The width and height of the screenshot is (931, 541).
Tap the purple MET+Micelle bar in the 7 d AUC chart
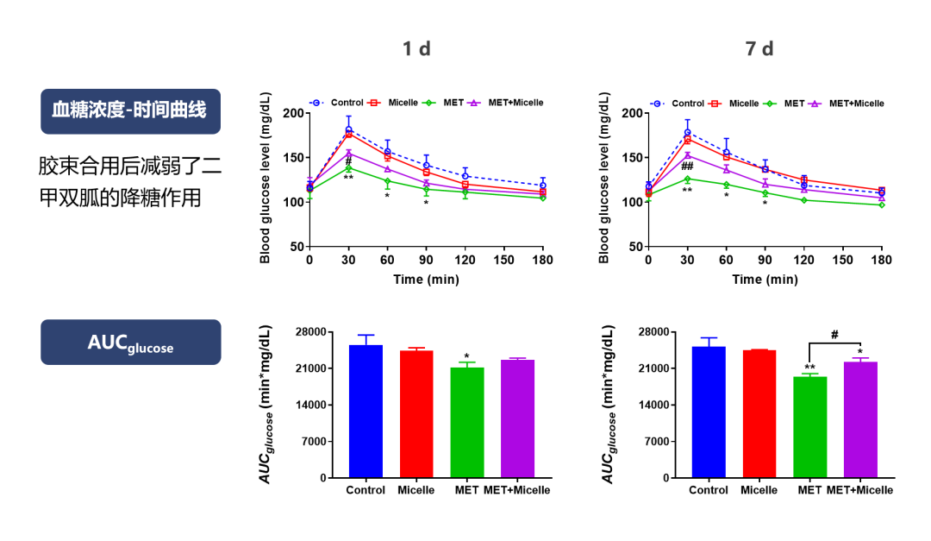point(859,419)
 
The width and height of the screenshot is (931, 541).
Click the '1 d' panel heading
point(416,49)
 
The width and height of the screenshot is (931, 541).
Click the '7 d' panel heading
point(759,49)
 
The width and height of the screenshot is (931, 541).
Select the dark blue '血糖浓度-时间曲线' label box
point(130,111)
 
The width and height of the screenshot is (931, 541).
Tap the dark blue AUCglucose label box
point(130,343)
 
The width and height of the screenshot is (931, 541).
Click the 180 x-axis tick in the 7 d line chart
point(881,260)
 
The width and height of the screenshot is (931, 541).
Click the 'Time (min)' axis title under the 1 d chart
point(426,279)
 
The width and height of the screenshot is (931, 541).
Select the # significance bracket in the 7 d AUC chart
point(834,343)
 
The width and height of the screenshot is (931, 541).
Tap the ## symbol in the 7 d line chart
point(687,167)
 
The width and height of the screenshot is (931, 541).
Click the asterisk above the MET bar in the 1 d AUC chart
point(466,356)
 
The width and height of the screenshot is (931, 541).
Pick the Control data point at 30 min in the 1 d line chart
point(348,130)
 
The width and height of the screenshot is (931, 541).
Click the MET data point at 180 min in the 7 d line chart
point(881,204)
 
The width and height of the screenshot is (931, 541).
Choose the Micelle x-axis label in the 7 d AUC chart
point(759,490)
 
